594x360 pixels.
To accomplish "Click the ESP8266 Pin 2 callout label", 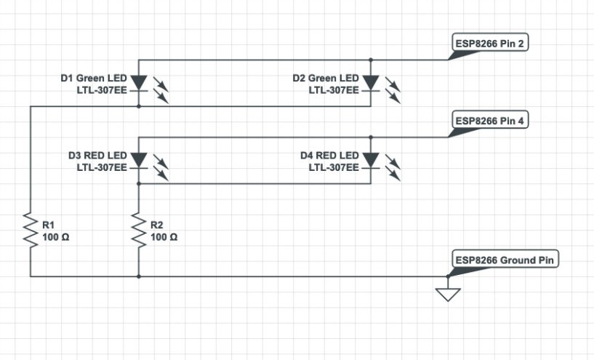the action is [x=490, y=44].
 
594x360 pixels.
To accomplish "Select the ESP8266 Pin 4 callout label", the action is [x=490, y=121].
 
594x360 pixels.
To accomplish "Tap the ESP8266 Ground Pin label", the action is [x=505, y=260].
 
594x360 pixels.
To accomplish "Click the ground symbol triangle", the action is [x=448, y=295].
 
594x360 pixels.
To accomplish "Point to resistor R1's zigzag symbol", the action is [x=31, y=231].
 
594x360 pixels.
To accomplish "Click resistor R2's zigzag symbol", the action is [x=139, y=231].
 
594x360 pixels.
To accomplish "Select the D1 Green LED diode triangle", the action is [x=139, y=82].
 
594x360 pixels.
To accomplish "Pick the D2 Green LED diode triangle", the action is [x=371, y=82].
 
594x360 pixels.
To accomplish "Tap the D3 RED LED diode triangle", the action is [x=139, y=159].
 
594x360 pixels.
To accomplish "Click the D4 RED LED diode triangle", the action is [x=371, y=159].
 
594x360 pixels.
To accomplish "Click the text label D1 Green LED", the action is [x=94, y=79].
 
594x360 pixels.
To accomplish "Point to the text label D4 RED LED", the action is [x=329, y=156].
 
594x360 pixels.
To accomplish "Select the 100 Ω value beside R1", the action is [x=56, y=238].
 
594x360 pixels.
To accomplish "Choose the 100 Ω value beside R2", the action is [x=164, y=238].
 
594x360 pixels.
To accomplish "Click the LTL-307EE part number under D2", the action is [x=334, y=91].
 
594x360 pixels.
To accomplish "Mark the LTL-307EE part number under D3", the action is [x=102, y=167].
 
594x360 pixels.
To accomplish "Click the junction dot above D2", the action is [x=371, y=60].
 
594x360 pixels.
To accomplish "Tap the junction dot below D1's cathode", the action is [x=139, y=106].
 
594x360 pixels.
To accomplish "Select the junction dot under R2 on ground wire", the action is [x=139, y=276].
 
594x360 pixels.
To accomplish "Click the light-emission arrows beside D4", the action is [x=393, y=167].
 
